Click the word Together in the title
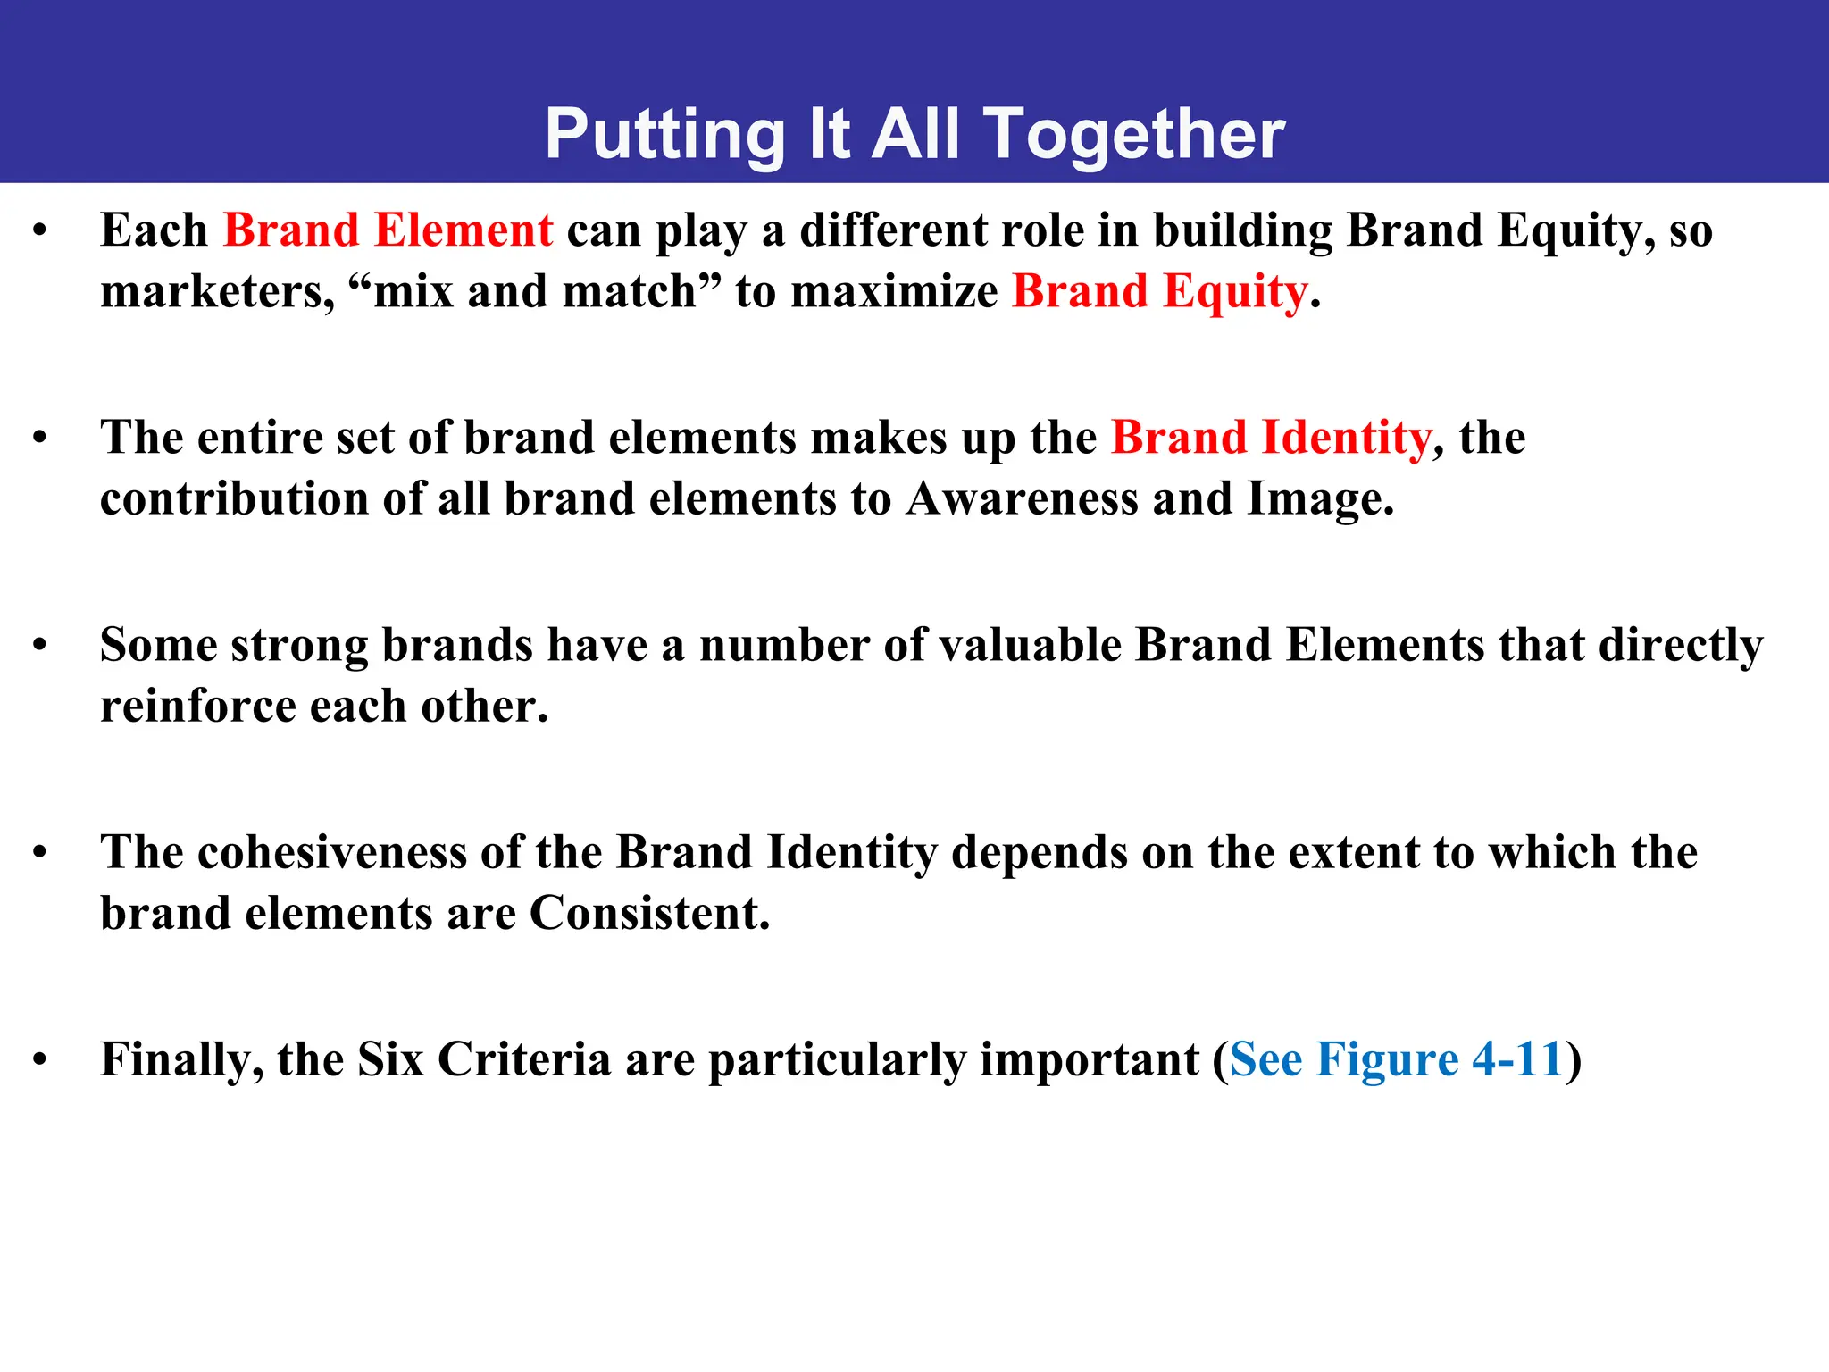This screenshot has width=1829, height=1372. click(x=1133, y=135)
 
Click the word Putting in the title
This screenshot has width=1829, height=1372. click(x=664, y=135)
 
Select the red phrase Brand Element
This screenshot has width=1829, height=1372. click(x=388, y=230)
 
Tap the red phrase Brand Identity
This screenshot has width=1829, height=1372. click(x=1271, y=438)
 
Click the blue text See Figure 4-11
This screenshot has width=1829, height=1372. click(x=1396, y=1060)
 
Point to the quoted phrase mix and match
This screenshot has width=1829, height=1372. click(x=534, y=292)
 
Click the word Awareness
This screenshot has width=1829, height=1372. click(x=1022, y=498)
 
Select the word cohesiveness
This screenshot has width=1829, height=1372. click(x=331, y=852)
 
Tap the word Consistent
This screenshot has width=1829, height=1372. click(x=648, y=914)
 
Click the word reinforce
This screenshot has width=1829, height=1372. click(x=197, y=707)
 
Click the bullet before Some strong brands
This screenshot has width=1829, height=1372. click(x=39, y=645)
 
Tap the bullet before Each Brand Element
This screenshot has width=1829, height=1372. click(x=39, y=230)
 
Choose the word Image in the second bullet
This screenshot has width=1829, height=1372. click(x=1318, y=498)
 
